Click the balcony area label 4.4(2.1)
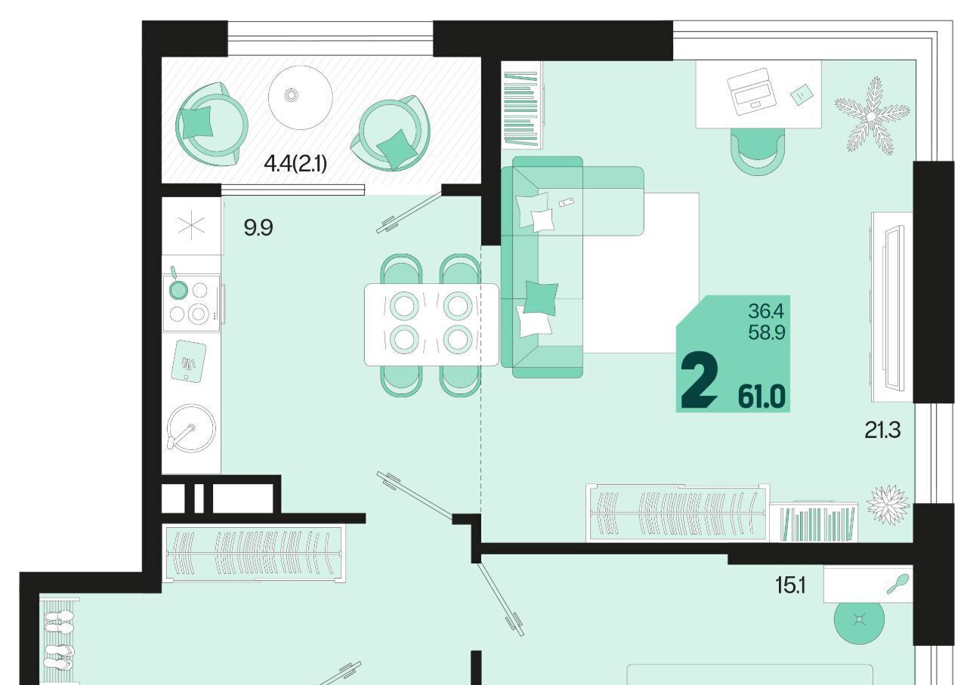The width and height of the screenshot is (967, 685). point(295,164)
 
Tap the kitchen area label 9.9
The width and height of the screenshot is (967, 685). point(258,227)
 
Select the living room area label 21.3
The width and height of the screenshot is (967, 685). point(882,430)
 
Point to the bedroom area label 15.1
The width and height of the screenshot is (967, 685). point(790,586)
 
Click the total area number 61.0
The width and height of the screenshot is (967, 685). point(762,396)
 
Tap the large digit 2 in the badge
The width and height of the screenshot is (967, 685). point(699,379)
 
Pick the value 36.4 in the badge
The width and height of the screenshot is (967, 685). point(766,310)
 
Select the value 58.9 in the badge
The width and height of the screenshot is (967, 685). point(766,332)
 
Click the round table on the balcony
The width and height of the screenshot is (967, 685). point(301,97)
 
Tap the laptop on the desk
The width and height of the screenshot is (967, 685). point(752,91)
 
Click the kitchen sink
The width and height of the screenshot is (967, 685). point(191,428)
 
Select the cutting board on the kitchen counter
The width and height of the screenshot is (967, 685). point(188,361)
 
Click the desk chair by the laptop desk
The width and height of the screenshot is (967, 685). point(758,152)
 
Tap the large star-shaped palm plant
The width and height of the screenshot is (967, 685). point(873,116)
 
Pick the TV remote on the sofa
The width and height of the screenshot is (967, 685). point(566,202)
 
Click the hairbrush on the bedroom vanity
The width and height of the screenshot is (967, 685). point(898,584)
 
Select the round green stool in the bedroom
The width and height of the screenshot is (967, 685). point(859,620)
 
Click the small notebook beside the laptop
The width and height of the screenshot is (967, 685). point(802,94)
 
